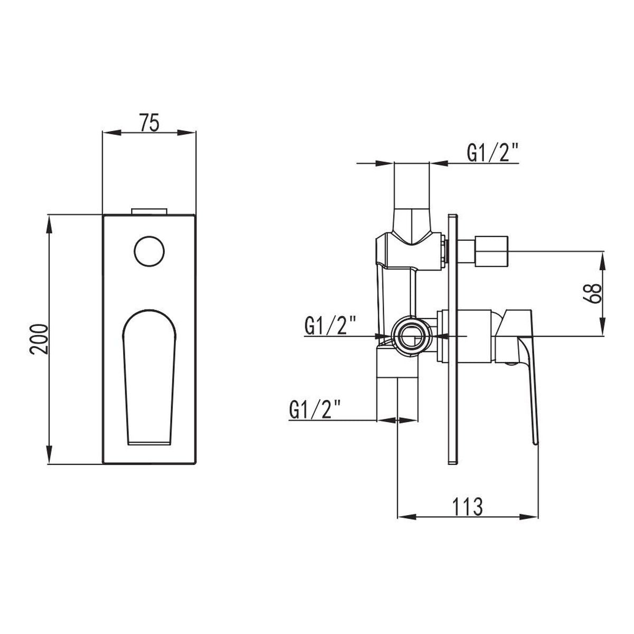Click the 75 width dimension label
tap(149, 123)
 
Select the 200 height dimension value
tap(39, 339)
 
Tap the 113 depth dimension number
tap(468, 507)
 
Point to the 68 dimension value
tap(592, 293)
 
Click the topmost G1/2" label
tap(493, 153)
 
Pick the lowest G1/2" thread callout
tap(315, 409)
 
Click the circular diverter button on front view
tap(149, 251)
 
